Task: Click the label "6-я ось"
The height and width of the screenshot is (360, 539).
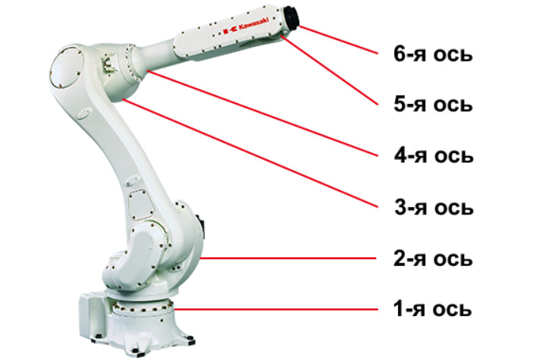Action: pyautogui.click(x=433, y=55)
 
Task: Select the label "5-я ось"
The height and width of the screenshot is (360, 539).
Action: pyautogui.click(x=433, y=104)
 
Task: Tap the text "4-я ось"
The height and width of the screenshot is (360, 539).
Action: pyautogui.click(x=434, y=155)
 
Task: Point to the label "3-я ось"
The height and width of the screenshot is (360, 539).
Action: pyautogui.click(x=434, y=207)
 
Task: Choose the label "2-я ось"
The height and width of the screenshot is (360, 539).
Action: pyautogui.click(x=433, y=258)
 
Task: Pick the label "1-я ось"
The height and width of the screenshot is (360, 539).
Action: pyautogui.click(x=432, y=308)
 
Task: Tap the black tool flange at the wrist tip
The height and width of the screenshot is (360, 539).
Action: pyautogui.click(x=292, y=17)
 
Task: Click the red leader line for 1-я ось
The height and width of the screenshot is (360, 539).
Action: pyautogui.click(x=276, y=309)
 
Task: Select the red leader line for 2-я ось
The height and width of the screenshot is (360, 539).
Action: pyautogui.click(x=289, y=258)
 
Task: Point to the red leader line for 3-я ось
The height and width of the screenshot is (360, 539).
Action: pyautogui.click(x=250, y=154)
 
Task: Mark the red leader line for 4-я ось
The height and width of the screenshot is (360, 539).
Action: pyautogui.click(x=262, y=114)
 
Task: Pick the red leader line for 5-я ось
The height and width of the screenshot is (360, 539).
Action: pyautogui.click(x=330, y=70)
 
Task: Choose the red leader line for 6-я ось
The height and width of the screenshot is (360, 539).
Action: pyautogui.click(x=338, y=39)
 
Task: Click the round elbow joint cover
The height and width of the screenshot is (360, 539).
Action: pyautogui.click(x=67, y=67)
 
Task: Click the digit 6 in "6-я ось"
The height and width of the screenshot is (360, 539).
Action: pyautogui.click(x=400, y=55)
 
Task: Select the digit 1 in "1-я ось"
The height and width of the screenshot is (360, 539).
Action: pyautogui.click(x=399, y=308)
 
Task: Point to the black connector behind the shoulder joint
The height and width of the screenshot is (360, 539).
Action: pyautogui.click(x=200, y=228)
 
